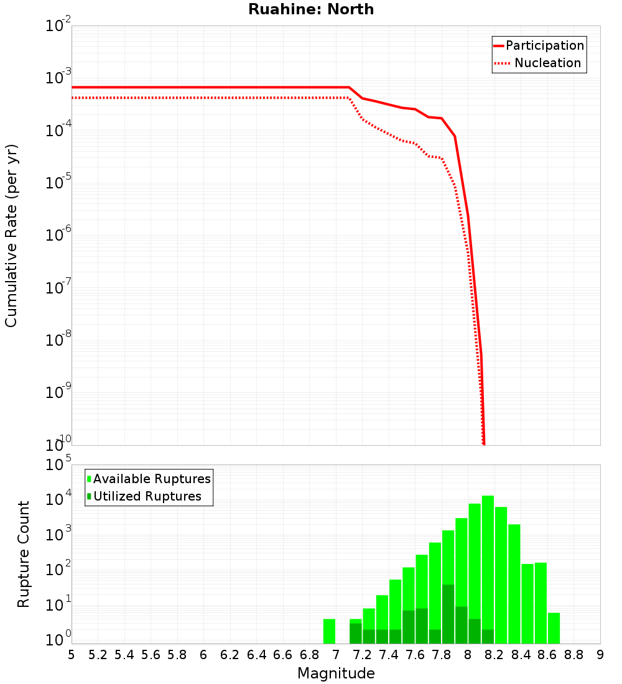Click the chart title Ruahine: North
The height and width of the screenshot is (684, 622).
click(x=311, y=9)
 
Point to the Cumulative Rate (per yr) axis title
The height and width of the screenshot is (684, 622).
click(x=11, y=235)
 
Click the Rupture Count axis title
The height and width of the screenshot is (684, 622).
click(x=24, y=553)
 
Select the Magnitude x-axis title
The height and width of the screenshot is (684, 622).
click(x=336, y=673)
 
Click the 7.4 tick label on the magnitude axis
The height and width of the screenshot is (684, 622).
click(x=388, y=654)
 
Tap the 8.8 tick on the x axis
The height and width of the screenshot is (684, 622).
click(x=573, y=654)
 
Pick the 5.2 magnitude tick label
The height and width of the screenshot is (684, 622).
click(x=98, y=654)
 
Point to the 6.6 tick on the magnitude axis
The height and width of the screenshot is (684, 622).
click(x=283, y=654)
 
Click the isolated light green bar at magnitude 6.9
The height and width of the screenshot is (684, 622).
click(x=329, y=631)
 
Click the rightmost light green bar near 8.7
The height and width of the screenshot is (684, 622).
click(x=554, y=628)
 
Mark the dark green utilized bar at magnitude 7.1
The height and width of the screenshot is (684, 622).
click(x=355, y=633)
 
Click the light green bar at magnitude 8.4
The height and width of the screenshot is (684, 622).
click(x=527, y=603)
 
